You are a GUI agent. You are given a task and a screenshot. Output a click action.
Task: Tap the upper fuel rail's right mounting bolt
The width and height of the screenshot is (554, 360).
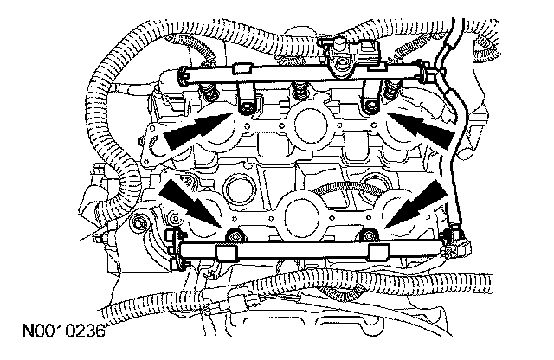[x=370, y=107]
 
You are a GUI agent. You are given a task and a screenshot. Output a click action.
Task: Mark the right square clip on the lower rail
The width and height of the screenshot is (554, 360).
[x=377, y=253]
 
